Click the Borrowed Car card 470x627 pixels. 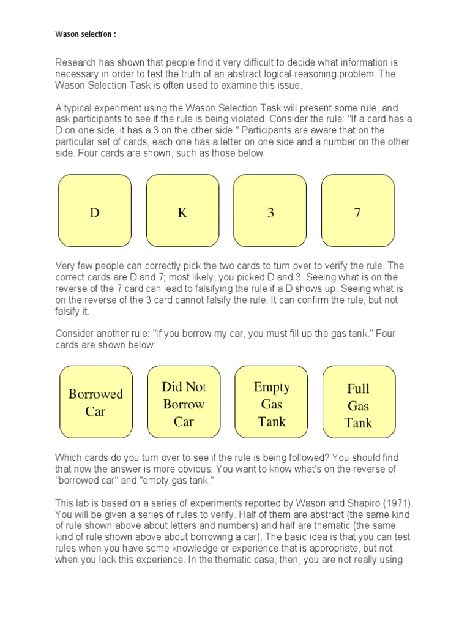tap(95, 402)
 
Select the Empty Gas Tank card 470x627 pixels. tap(272, 402)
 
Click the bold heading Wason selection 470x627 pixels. tap(84, 34)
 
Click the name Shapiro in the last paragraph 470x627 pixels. tap(362, 503)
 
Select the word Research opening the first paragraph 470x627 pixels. tap(76, 62)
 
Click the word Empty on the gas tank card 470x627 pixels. tap(272, 387)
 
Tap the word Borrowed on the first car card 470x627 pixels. tap(95, 394)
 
